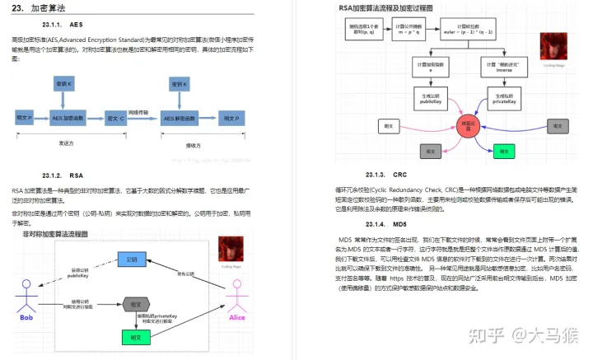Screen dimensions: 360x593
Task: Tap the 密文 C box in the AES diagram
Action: pos(115,119)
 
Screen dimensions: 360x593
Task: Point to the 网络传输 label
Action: pos(142,110)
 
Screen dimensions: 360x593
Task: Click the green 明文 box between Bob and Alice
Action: pos(131,337)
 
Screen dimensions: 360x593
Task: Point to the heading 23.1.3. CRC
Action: pos(387,175)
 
